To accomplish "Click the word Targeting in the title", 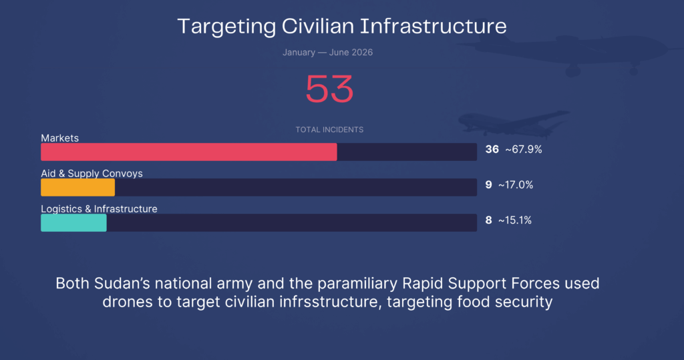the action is coord(226,27).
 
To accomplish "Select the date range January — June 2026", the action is coord(327,52).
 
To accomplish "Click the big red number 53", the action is coord(329,89).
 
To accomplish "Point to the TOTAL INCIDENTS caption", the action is coord(329,130).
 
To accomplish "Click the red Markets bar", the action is coord(189,152).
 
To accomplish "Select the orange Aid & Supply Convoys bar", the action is coord(77,187).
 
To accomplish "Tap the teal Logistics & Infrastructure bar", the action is coord(73,222).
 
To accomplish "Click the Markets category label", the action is coord(59,138).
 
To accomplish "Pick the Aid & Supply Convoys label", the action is coord(92,173).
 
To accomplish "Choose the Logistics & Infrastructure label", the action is coord(99,208).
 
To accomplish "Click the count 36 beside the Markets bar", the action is coord(492,149).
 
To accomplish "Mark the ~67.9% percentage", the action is coord(524,149).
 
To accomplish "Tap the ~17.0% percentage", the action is coord(516,184).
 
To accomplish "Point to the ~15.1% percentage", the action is coord(515,220).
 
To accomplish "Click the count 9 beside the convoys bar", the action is coord(488,184).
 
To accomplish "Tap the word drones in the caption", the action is coord(128,302).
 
